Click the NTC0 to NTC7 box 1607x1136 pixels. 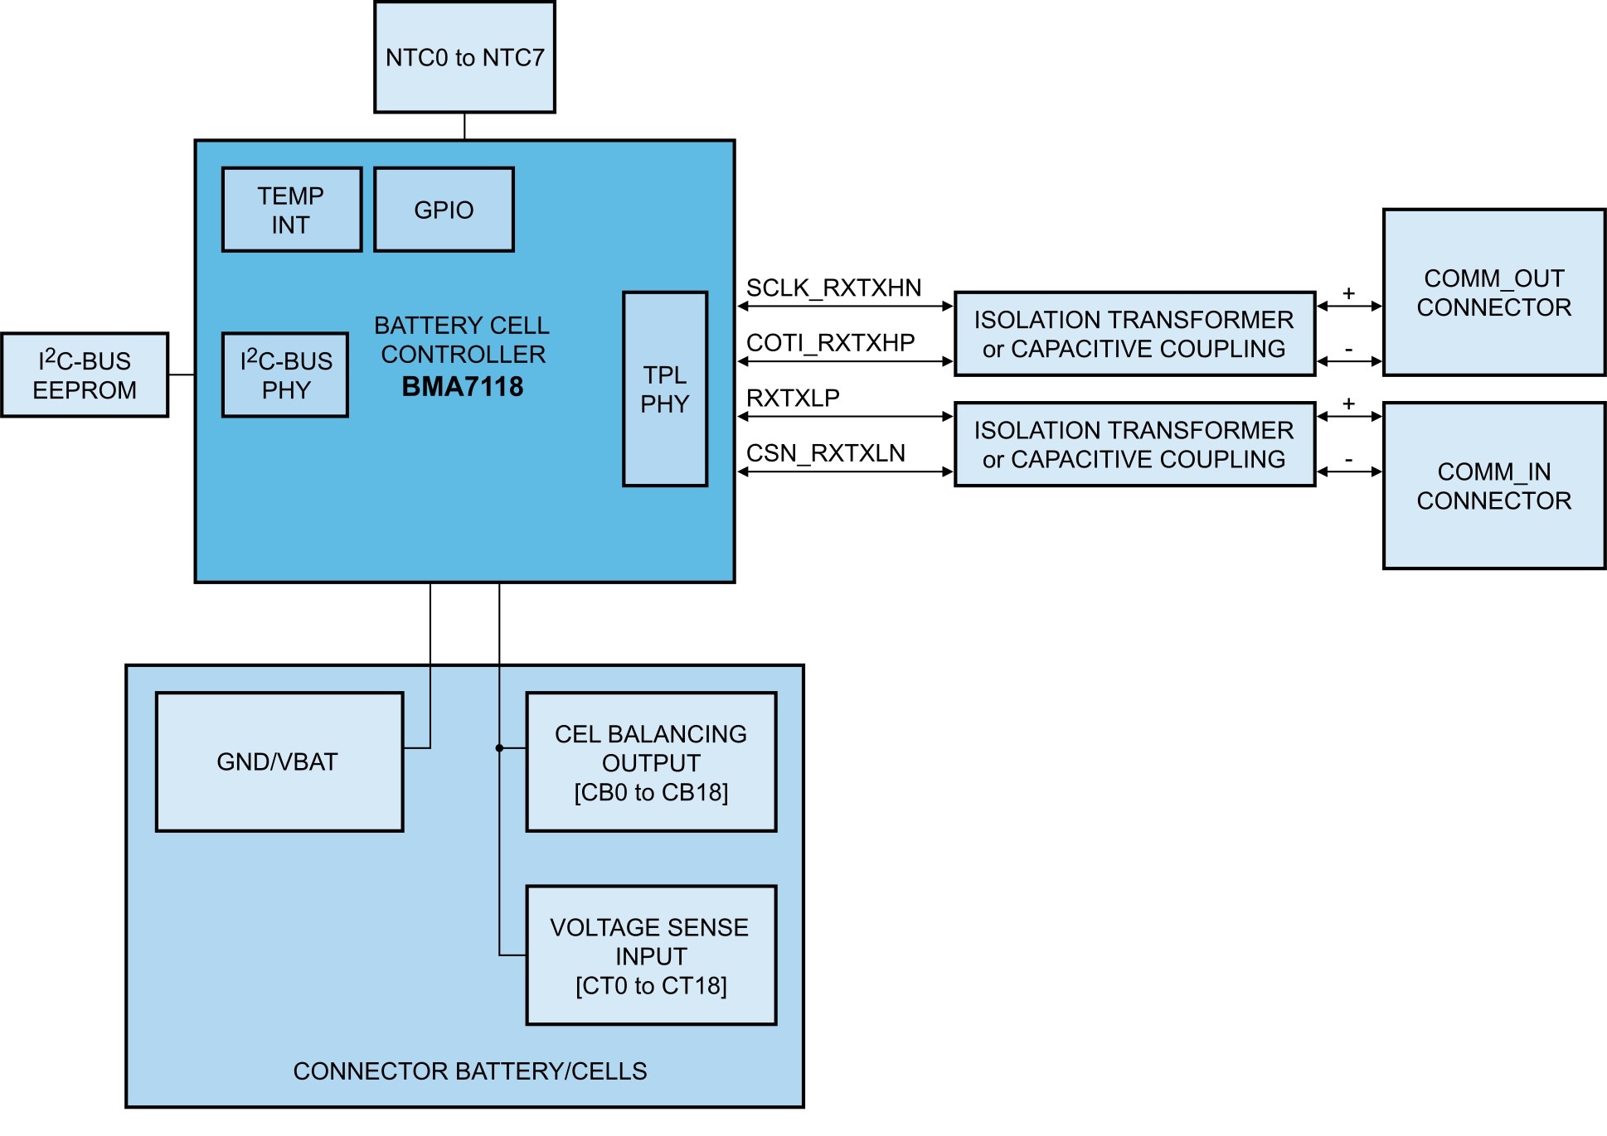point(464,57)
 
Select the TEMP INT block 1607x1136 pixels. point(291,210)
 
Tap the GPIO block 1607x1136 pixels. point(444,210)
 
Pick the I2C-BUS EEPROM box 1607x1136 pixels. point(85,375)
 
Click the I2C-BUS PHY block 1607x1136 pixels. point(285,375)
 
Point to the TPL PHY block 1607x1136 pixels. point(665,389)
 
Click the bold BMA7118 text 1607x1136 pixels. point(463,387)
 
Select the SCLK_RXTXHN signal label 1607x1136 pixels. point(833,288)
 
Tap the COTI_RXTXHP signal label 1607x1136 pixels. point(830,342)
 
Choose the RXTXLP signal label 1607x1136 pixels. point(793,398)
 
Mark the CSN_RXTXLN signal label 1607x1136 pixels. point(825,453)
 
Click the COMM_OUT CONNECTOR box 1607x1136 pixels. point(1493,292)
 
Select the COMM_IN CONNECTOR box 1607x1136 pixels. point(1493,486)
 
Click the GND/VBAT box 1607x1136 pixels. point(279,761)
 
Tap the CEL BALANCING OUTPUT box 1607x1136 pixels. point(651,762)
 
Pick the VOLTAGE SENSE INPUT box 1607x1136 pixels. point(651,955)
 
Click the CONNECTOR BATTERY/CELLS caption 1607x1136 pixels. point(469,1071)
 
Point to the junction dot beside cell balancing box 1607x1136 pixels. point(499,748)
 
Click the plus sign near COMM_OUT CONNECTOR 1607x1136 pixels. point(1349,293)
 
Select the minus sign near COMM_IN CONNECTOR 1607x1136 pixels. point(1349,460)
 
